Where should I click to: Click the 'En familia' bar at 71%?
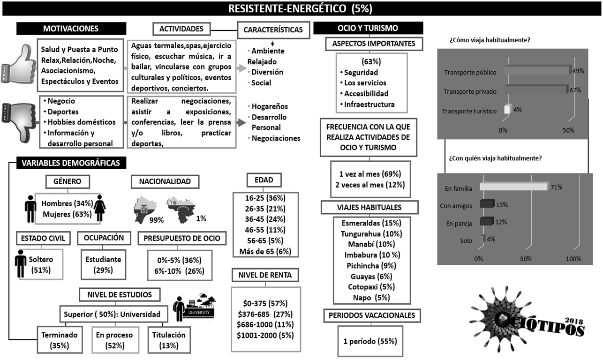pyautogui.click(x=513, y=187)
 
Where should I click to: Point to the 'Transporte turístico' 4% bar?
pyautogui.click(x=506, y=109)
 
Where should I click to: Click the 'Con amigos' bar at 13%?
pyautogui.click(x=486, y=204)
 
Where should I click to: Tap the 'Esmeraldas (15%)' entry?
pyautogui.click(x=371, y=223)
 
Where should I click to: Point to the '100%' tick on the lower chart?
pyautogui.click(x=573, y=259)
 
